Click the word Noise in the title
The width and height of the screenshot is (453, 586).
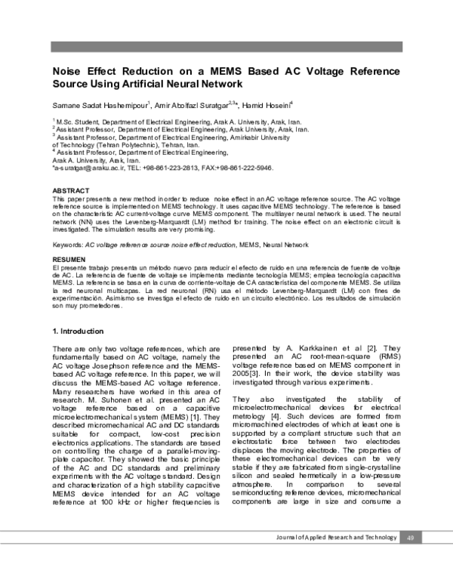click(x=66, y=70)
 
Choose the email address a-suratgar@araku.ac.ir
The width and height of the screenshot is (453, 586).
click(x=86, y=168)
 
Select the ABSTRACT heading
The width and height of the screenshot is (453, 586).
click(x=69, y=191)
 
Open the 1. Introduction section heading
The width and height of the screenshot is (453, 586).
click(x=78, y=332)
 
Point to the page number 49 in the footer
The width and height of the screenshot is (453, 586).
click(x=411, y=537)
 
